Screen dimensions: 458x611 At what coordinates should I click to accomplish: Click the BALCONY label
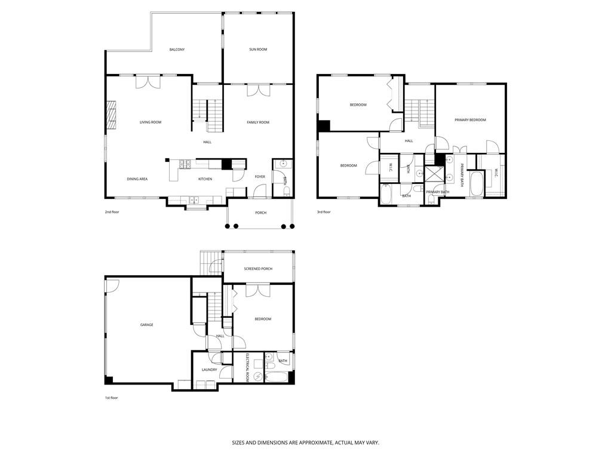point(177,50)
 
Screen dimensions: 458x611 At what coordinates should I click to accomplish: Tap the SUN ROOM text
point(258,50)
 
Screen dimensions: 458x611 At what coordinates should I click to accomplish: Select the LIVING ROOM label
point(151,122)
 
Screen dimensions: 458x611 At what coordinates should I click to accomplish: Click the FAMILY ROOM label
point(258,122)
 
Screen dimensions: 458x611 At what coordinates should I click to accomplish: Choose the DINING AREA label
point(137,179)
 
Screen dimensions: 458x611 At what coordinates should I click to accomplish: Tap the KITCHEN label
point(205,179)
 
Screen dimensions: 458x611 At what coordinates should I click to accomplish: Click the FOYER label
point(260,177)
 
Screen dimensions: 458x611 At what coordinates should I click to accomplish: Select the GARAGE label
point(146,325)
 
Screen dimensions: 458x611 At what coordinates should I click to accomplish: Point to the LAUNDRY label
point(209,370)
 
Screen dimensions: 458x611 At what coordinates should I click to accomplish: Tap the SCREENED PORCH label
point(258,269)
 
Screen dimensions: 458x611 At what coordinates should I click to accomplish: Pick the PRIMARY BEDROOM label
point(470,120)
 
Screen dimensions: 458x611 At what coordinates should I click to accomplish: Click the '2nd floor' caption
point(112,212)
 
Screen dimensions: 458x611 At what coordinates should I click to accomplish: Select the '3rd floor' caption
point(324,212)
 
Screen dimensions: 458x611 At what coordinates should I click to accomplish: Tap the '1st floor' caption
point(110,398)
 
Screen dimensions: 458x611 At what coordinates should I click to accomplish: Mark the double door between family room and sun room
point(258,90)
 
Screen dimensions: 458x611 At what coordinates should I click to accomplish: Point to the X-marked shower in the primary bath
point(433,174)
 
